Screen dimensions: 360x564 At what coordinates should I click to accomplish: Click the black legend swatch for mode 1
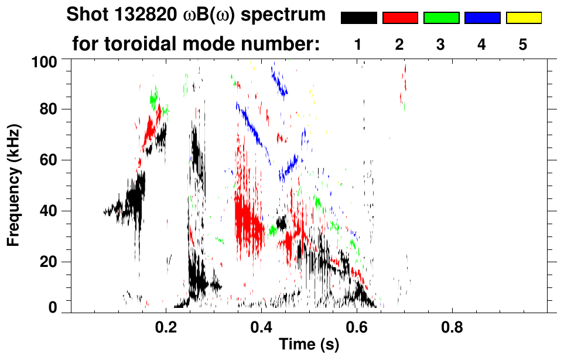359,18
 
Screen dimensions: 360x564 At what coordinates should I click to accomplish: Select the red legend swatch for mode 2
400,18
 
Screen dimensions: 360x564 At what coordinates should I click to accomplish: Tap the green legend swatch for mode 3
441,18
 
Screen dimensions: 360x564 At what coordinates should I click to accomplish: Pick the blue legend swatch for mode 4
482,18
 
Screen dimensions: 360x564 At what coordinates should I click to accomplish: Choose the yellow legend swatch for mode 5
523,18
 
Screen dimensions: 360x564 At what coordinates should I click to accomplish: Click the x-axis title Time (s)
308,345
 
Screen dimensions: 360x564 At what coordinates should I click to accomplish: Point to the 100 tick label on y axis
45,61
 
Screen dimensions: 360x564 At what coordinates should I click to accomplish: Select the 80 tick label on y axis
49,109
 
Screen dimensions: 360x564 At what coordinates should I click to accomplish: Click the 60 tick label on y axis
49,160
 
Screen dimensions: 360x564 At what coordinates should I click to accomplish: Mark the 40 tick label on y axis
49,211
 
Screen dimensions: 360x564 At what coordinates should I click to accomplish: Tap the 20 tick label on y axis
49,262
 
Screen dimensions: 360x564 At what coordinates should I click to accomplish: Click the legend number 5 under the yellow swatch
523,44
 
